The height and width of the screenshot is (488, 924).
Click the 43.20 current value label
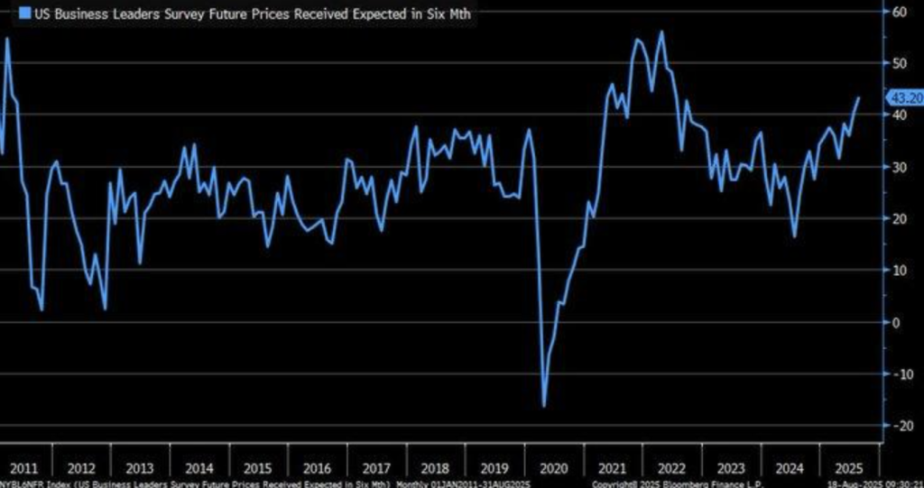(x=902, y=97)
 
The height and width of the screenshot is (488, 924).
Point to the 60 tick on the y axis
(x=899, y=12)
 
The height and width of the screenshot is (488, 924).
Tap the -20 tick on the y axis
(x=899, y=426)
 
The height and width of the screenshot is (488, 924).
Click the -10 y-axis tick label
(x=899, y=374)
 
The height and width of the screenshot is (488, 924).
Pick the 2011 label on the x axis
(x=23, y=469)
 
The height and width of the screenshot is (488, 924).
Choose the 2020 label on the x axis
(x=553, y=469)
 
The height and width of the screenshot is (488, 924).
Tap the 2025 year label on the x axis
(x=848, y=469)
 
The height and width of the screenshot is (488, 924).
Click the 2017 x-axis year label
(x=376, y=469)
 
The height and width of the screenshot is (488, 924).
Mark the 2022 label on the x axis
(x=671, y=469)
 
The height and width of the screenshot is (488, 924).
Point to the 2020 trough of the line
(x=543, y=406)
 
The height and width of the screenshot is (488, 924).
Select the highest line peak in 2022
(x=661, y=32)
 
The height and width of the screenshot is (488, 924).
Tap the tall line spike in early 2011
(x=7, y=38)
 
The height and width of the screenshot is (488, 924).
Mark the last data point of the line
(x=858, y=97)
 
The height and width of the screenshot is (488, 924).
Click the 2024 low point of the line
(x=794, y=236)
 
